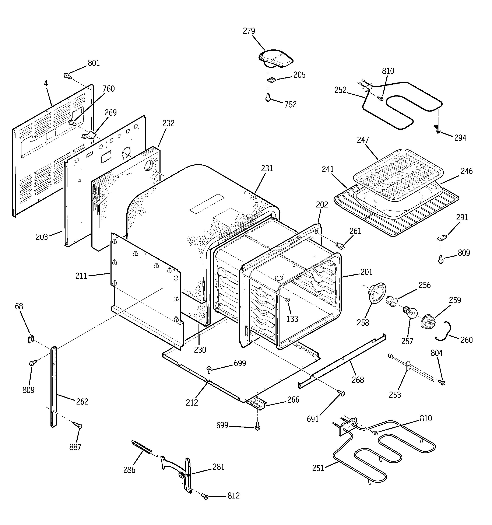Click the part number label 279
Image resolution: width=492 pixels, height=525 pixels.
pos(249,31)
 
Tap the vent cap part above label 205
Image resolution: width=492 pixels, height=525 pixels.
pos(275,59)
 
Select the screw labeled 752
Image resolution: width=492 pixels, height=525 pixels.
pos(268,98)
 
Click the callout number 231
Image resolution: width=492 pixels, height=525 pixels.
pos(267,168)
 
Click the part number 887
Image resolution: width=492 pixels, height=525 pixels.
pos(75,447)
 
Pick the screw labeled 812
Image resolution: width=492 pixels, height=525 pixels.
pos(205,497)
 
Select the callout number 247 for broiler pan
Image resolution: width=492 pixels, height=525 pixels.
pos(363,140)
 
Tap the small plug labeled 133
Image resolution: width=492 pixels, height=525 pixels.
pos(288,300)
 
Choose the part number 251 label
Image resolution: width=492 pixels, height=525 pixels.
pos(318,468)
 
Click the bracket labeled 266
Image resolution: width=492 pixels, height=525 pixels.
pos(256,403)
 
